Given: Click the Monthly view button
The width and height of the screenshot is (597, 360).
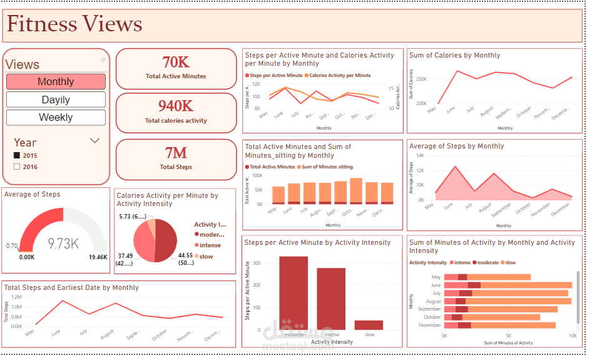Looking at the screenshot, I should click(x=56, y=81).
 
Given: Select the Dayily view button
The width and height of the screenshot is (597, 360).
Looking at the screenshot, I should click(x=56, y=100).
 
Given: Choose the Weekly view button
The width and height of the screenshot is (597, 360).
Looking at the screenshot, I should click(x=56, y=117).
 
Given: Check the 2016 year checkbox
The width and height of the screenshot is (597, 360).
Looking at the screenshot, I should click(x=17, y=167).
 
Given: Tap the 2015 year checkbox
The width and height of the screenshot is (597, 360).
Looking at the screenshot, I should click(x=17, y=155).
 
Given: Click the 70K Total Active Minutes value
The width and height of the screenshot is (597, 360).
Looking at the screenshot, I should click(x=176, y=62).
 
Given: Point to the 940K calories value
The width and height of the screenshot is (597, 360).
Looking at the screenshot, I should click(x=176, y=106).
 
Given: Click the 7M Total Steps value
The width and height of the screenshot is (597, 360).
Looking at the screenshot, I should click(x=176, y=153).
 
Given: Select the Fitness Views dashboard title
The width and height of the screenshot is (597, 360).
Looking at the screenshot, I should click(x=74, y=24).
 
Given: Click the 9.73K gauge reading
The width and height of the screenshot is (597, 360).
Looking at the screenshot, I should click(x=63, y=244).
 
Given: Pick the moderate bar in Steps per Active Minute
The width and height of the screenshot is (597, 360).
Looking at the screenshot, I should click(x=293, y=293).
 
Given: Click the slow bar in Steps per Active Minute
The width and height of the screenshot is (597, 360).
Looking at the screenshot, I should click(x=369, y=325).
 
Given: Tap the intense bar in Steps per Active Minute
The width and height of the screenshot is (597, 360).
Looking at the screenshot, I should click(x=331, y=299).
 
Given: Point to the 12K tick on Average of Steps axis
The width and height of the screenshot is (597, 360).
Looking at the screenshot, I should click(x=421, y=170).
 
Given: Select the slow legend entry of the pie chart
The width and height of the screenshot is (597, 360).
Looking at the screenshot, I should click(x=207, y=256).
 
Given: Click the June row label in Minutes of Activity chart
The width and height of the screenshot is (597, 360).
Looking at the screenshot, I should click(x=436, y=285).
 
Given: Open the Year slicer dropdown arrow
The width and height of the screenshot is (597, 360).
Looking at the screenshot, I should click(x=95, y=141).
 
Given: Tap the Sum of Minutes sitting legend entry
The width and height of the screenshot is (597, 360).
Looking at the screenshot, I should click(x=327, y=167).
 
